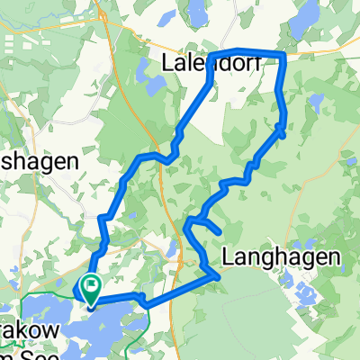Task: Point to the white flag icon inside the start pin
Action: (91, 285)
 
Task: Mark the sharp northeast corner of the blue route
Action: (284, 55)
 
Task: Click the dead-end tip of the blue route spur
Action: (220, 233)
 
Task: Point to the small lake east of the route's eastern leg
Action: (314, 99)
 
